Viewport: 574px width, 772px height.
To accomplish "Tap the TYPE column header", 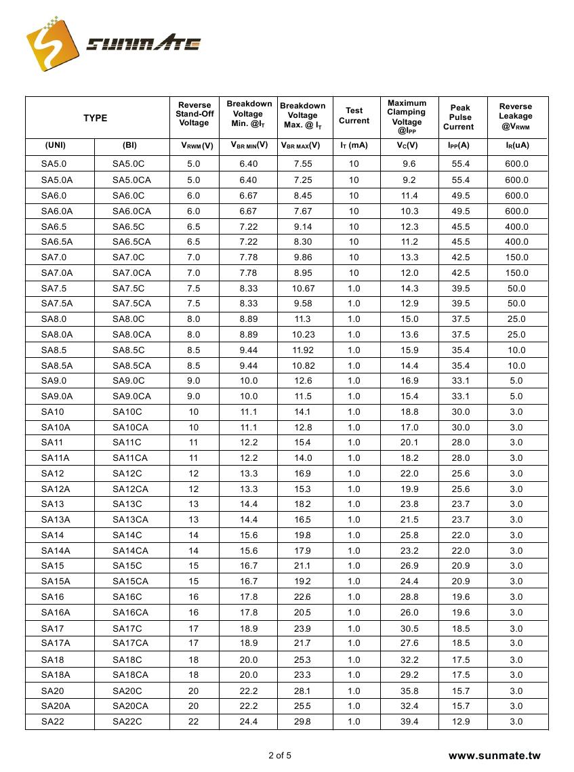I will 96,118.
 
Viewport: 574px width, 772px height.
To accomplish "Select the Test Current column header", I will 354,116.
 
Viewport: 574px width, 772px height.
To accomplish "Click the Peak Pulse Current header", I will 459,117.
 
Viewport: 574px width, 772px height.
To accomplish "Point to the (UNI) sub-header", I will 55,145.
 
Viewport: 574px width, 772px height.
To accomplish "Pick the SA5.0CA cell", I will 131,180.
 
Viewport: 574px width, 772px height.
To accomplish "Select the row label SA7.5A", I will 57,303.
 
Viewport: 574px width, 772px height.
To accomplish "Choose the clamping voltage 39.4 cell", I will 409,722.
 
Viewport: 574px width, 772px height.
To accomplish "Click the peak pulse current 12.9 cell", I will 461,722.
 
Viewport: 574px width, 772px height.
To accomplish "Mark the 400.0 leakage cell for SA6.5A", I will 516,242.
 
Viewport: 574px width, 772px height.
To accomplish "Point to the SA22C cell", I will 127,722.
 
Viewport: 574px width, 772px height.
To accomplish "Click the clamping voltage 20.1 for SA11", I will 409,443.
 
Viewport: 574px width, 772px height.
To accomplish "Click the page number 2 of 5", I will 280,755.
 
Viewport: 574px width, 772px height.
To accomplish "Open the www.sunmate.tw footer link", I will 495,756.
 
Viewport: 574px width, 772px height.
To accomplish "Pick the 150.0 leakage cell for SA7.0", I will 516,258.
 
